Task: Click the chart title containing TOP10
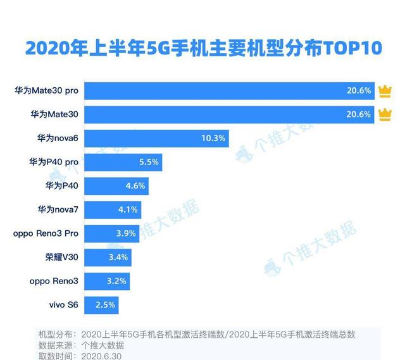[202, 47]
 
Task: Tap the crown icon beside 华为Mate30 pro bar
[384, 91]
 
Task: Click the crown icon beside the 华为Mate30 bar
[384, 115]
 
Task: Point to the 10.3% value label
[214, 138]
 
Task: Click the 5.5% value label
[149, 162]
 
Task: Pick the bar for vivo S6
[101, 305]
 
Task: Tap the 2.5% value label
[105, 305]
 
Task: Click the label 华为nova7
[58, 209]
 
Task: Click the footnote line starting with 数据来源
[81, 345]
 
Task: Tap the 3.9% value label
[126, 233]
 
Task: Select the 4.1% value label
[128, 209]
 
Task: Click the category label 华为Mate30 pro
[46, 91]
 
